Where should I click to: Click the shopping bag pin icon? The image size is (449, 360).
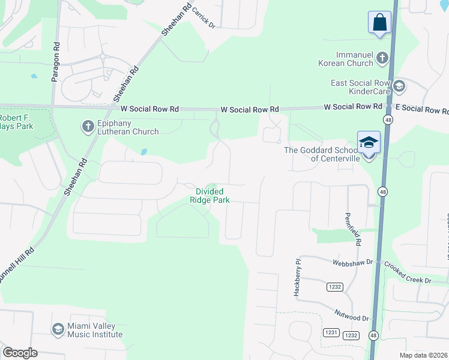[379, 23]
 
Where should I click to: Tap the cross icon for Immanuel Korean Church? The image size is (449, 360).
[382, 59]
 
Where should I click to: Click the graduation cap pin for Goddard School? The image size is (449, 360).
[369, 143]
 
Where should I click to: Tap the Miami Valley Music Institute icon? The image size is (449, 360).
[58, 329]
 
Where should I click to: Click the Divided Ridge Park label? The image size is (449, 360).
[210, 195]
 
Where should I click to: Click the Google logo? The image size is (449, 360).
[19, 353]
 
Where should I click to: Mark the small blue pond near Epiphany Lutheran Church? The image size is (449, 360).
[144, 152]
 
